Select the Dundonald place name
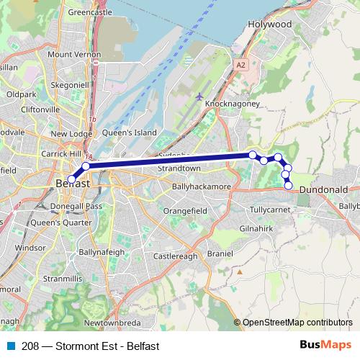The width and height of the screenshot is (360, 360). click(x=323, y=189)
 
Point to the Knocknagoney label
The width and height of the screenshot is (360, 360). click(x=231, y=104)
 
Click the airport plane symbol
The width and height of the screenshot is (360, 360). click(x=199, y=96)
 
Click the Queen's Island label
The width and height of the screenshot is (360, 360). click(x=130, y=132)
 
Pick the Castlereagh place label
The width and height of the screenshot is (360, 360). click(x=175, y=256)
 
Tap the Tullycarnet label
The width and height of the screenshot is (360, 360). click(x=269, y=210)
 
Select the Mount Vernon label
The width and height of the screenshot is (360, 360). click(x=74, y=55)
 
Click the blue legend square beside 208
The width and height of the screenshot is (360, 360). click(x=10, y=346)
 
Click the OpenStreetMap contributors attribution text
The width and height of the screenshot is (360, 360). click(x=297, y=323)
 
